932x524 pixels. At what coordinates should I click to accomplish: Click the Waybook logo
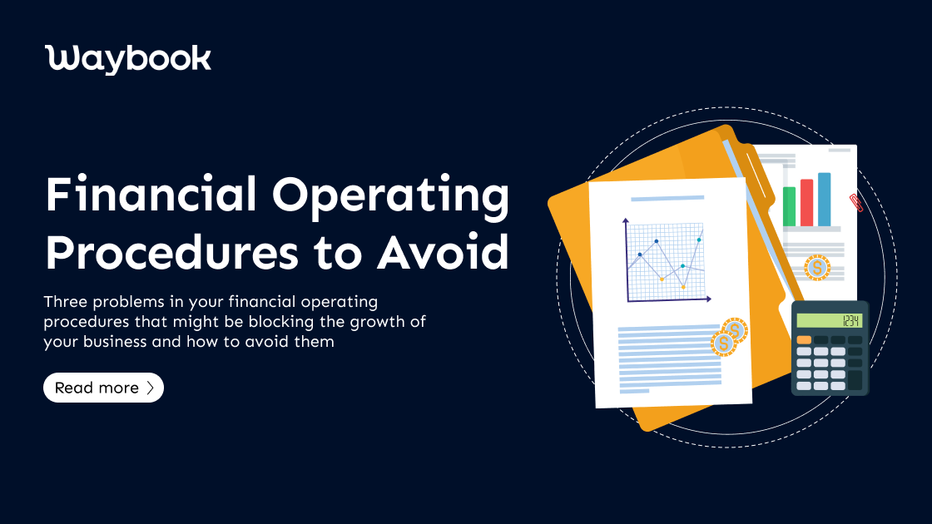128,59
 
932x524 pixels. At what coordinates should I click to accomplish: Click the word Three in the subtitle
65,300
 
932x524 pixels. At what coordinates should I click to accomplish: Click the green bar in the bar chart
789,205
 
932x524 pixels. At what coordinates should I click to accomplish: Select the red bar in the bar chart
806,202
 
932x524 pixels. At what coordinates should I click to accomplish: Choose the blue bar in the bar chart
824,200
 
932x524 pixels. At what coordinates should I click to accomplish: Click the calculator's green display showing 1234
829,320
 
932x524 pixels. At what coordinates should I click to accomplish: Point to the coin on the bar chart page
817,268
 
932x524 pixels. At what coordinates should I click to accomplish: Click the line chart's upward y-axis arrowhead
625,221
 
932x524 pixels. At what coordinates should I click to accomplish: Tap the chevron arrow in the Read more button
150,388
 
